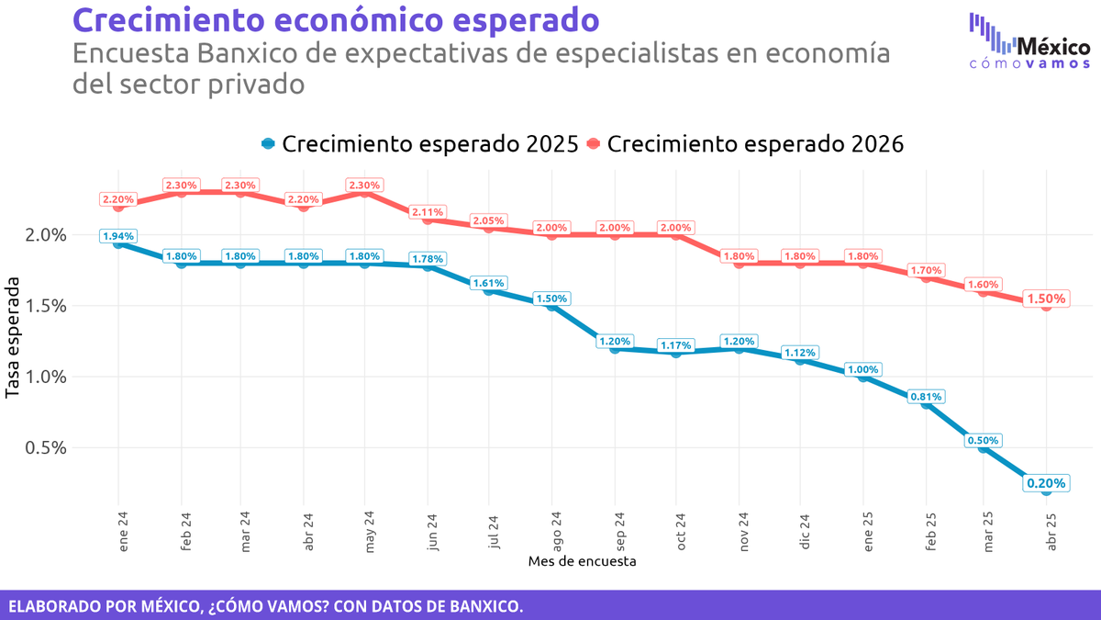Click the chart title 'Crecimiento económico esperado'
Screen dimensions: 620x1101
coord(337,19)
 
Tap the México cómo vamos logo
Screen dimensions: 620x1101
coord(1029,41)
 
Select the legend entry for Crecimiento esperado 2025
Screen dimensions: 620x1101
coord(420,144)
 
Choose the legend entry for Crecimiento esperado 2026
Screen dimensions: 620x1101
coord(745,144)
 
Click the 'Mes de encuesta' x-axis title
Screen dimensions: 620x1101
coord(582,559)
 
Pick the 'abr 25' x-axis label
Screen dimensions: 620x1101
coord(1051,530)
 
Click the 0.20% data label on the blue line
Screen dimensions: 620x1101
coord(1046,483)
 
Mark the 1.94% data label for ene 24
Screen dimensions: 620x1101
coord(117,236)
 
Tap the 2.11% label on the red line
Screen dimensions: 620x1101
coord(428,212)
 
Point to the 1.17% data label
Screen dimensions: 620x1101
coord(676,345)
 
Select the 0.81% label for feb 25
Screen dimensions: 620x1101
coord(925,397)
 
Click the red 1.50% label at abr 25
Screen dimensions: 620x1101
coord(1046,299)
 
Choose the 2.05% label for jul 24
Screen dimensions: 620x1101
coord(489,220)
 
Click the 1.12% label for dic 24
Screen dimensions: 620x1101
coord(800,353)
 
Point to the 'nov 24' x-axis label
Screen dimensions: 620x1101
coord(740,530)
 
